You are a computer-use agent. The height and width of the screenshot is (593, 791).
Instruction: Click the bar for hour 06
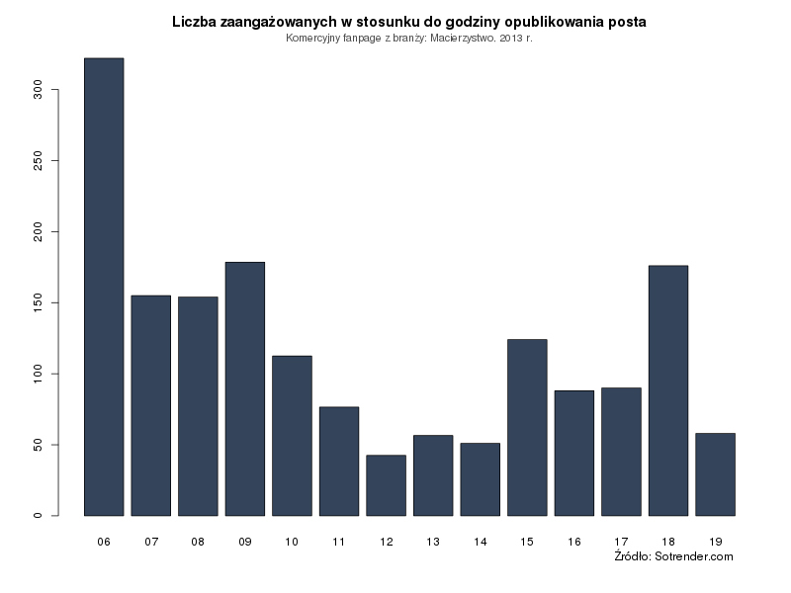pos(104,287)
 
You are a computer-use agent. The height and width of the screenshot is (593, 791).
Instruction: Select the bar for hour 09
pos(245,388)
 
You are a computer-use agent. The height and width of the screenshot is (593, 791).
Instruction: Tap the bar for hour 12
pos(386,485)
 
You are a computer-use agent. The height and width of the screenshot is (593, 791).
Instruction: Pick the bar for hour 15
pos(527,427)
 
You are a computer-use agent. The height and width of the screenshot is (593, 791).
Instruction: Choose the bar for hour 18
pos(668,390)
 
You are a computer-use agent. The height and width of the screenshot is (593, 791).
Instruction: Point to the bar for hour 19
pos(715,474)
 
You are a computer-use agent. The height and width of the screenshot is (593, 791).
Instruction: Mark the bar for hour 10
pos(292,435)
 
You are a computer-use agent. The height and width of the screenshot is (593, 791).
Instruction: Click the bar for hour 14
pos(480,479)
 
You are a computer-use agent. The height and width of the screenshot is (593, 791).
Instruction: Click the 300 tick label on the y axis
pos(39,90)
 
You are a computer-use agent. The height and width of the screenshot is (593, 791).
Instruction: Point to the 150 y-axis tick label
pos(39,302)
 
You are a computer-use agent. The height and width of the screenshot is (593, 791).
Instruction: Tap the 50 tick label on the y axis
pos(39,445)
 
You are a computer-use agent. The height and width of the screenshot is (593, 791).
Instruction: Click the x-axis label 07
pos(151,542)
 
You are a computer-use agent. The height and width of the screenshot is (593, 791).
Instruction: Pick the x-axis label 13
pos(433,542)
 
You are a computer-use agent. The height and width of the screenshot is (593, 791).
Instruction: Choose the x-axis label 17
pos(621,542)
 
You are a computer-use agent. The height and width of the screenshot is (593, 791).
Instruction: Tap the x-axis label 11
pos(339,542)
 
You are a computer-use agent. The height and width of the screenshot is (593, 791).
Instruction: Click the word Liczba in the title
pos(194,22)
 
